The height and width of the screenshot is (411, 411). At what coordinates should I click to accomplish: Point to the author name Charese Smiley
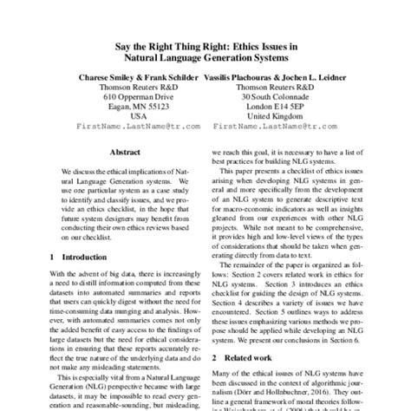pos(108,76)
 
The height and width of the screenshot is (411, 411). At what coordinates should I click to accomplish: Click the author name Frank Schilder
pos(175,76)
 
